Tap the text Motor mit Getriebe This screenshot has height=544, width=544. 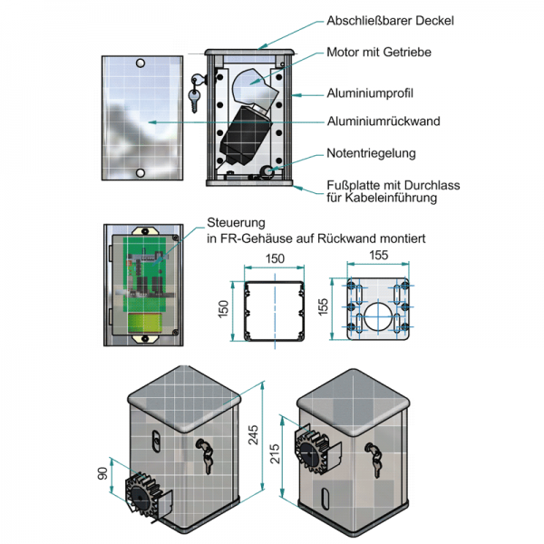378,53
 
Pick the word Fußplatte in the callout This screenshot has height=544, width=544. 352,185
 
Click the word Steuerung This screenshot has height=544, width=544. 236,222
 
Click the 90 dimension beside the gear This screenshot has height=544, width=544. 102,474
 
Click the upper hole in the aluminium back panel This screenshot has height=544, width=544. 141,63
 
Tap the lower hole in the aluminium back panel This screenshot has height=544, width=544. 141,172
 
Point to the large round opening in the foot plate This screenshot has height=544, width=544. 379,319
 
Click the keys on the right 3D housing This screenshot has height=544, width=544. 374,454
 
